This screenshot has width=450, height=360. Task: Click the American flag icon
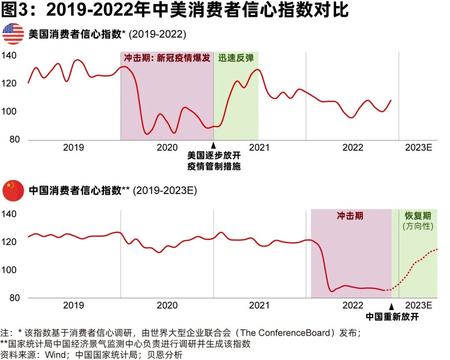(x=13, y=34)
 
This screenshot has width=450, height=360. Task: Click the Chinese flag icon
(x=13, y=191)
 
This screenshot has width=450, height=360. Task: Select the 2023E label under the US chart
(x=419, y=147)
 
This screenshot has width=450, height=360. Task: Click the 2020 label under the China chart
(x=167, y=305)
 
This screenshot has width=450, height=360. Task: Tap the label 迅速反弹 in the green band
(x=235, y=58)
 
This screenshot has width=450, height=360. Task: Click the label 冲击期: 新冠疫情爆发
(x=167, y=58)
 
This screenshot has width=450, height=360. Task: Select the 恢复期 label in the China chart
(x=418, y=216)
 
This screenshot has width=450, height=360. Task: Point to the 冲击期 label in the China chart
(x=350, y=216)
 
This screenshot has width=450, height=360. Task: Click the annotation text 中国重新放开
(x=392, y=317)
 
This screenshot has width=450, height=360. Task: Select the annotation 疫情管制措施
(x=214, y=167)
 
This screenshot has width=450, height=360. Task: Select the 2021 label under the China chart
(x=259, y=305)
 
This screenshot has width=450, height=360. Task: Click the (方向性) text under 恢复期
(x=418, y=227)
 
